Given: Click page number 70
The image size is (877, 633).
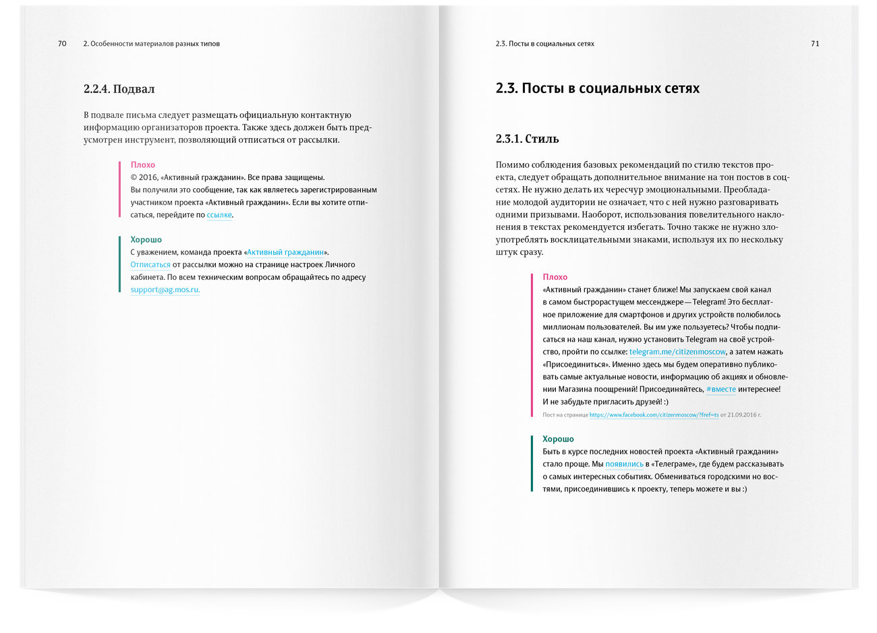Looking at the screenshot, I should pyautogui.click(x=62, y=44).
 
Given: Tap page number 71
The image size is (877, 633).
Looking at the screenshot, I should pyautogui.click(x=815, y=44).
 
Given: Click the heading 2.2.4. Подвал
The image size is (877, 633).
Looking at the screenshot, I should pyautogui.click(x=119, y=89).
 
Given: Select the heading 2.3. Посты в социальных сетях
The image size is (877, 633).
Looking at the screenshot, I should pyautogui.click(x=597, y=88).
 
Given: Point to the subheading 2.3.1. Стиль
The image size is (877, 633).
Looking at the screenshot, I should pyautogui.click(x=527, y=140).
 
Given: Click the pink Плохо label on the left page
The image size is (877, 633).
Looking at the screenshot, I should pyautogui.click(x=142, y=164).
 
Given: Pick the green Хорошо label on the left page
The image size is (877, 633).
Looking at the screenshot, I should pyautogui.click(x=146, y=239).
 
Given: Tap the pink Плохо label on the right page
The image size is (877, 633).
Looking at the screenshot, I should pyautogui.click(x=555, y=277).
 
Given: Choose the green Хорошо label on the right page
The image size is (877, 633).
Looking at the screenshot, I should pyautogui.click(x=558, y=439).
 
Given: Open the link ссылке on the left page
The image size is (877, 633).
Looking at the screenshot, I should pyautogui.click(x=219, y=215).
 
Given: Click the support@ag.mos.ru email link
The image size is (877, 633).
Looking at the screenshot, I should pyautogui.click(x=165, y=290).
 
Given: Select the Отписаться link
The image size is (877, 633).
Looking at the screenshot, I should pyautogui.click(x=150, y=265).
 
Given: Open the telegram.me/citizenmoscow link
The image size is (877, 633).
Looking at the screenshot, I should pyautogui.click(x=677, y=352).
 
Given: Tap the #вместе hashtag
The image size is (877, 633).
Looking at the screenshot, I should pyautogui.click(x=720, y=390).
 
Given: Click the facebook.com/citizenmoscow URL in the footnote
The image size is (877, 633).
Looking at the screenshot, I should pyautogui.click(x=654, y=415).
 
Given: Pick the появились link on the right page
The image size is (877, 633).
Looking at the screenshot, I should pyautogui.click(x=624, y=464).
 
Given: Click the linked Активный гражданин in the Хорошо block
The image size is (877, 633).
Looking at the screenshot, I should pyautogui.click(x=285, y=252).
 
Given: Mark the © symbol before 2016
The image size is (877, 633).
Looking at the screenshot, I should pyautogui.click(x=134, y=177).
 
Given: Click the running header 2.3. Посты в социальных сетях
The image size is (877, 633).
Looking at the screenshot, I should pyautogui.click(x=544, y=44).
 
